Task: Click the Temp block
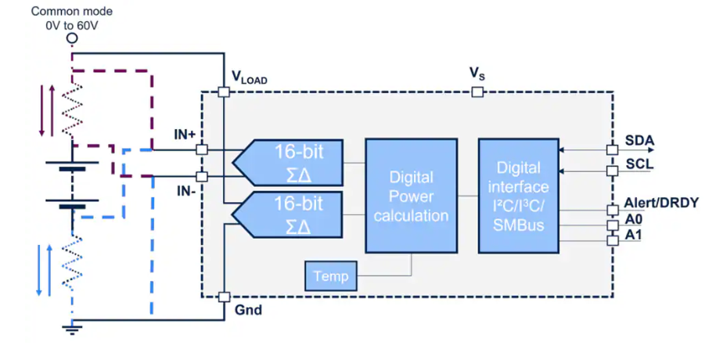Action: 330,275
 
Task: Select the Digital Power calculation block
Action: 411,196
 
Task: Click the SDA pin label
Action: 639,142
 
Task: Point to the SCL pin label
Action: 638,165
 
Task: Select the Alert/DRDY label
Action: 661,202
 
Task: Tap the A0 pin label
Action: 633,221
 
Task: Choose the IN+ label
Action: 185,135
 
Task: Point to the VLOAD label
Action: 249,77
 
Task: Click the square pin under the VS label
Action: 477,92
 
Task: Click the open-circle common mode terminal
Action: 71,38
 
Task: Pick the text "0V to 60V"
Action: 71,24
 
